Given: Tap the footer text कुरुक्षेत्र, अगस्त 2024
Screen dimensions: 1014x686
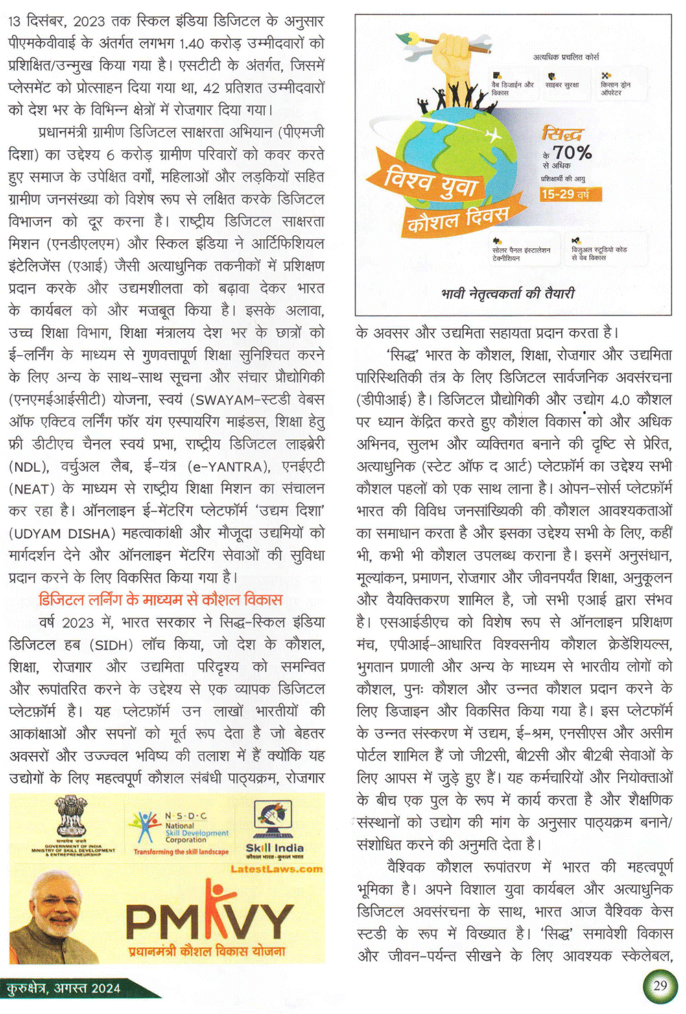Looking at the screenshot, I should coord(63,988).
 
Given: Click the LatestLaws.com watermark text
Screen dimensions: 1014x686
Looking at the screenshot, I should coord(276,869).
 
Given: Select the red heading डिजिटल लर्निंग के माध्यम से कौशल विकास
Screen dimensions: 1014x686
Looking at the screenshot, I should coord(161,600).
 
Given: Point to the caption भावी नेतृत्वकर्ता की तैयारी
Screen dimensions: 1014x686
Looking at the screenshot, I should coord(508,294).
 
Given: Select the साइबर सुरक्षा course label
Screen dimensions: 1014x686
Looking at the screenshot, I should coord(562,84).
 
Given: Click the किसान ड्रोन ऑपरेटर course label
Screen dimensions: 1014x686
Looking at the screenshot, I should coord(615,88).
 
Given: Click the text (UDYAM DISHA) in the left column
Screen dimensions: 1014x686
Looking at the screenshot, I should coord(62,533).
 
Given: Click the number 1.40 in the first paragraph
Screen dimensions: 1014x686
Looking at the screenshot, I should coord(191,43).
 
